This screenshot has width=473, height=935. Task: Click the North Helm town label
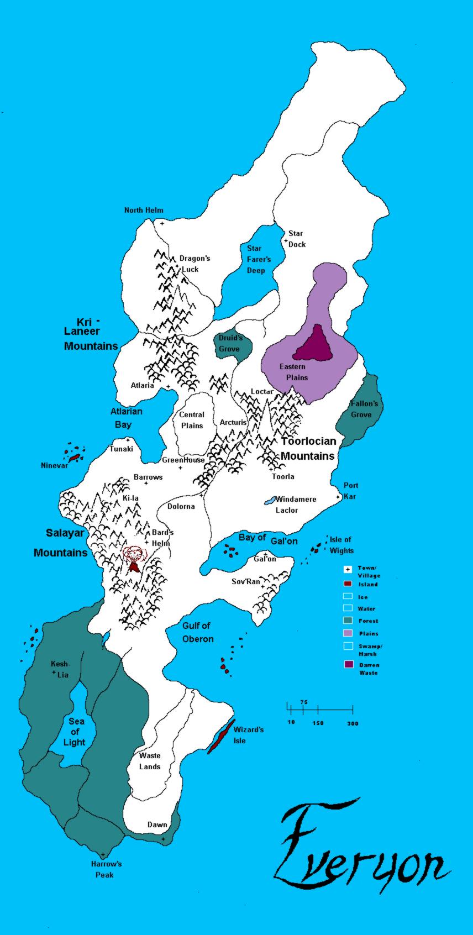point(143,210)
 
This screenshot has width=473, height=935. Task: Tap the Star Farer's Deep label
point(255,259)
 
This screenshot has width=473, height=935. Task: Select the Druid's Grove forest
point(232,345)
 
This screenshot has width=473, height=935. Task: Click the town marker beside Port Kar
point(338,497)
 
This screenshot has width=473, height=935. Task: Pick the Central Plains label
point(192,420)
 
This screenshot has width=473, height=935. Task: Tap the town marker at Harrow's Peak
point(103,855)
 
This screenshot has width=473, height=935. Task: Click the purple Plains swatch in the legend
point(348,633)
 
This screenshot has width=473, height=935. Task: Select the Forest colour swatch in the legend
point(348,621)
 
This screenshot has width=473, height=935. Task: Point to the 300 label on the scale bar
point(352,723)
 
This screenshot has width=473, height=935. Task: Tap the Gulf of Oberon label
point(197,632)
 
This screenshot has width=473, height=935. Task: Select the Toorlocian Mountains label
point(308,449)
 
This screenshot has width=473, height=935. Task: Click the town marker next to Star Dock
point(286,240)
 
